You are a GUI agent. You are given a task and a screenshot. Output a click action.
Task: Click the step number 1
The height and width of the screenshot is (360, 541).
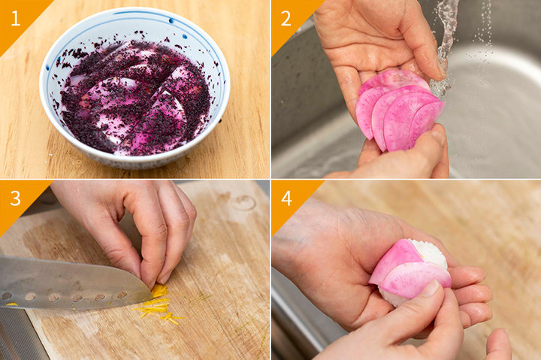click(16, 18)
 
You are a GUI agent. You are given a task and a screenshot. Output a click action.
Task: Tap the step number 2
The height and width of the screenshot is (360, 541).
click(286, 18)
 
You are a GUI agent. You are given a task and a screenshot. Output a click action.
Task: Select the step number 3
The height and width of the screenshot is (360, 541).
click(16, 198)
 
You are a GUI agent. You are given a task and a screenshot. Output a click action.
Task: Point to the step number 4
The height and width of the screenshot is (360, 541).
click(287, 198)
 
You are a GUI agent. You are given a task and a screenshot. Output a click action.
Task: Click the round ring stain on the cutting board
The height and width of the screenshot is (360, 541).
click(245, 203)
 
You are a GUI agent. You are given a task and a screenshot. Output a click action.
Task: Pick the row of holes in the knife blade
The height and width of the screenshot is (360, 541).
click(64, 297)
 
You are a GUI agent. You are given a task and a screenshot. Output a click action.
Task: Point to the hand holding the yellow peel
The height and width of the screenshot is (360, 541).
click(138, 225)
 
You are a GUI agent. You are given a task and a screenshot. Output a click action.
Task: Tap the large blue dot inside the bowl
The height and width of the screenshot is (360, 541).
click(185, 36)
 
